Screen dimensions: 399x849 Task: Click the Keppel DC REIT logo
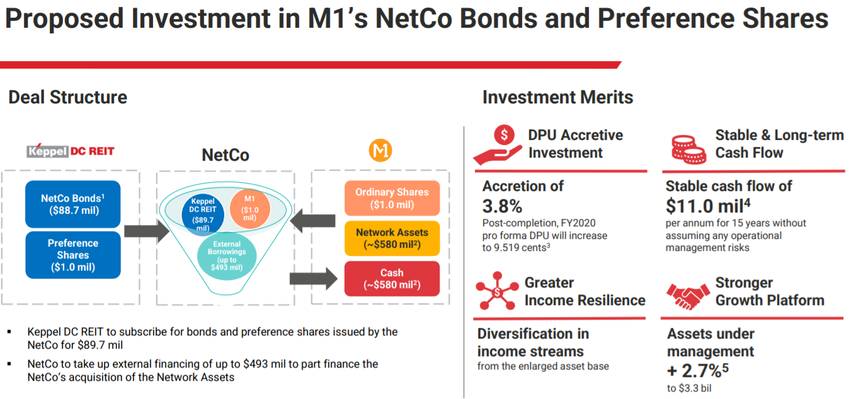(x=71, y=151)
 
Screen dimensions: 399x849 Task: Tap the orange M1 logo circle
(x=380, y=151)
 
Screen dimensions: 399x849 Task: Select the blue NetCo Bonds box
(x=72, y=204)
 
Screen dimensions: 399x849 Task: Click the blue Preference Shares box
(x=72, y=255)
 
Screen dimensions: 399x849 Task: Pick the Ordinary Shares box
(x=391, y=198)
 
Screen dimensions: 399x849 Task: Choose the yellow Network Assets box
(x=391, y=238)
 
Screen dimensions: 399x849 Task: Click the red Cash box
(x=391, y=279)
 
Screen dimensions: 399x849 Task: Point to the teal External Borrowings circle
(x=227, y=255)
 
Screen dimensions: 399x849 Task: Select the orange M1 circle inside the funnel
(x=249, y=208)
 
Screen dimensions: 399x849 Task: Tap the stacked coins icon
(x=687, y=146)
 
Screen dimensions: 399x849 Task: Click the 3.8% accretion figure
(x=502, y=206)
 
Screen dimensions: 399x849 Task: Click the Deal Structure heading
(x=68, y=97)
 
